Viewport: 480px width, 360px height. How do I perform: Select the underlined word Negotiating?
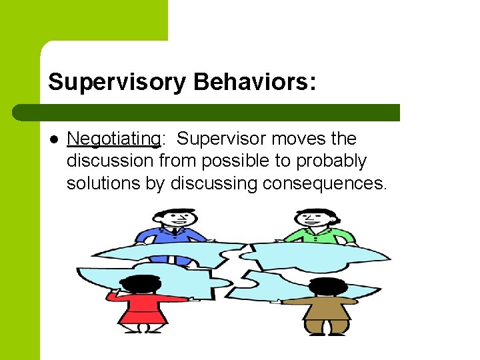pyautogui.click(x=113, y=139)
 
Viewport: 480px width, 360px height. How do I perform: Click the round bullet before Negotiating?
pyautogui.click(x=54, y=139)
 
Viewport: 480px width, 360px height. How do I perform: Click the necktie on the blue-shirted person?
pyautogui.click(x=174, y=233)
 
